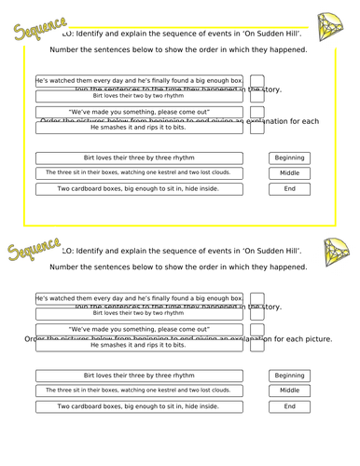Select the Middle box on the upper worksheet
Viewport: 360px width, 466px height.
[x=289, y=172]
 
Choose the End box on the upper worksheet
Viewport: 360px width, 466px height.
[x=289, y=188]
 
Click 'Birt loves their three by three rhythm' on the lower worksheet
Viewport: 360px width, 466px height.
[x=139, y=376]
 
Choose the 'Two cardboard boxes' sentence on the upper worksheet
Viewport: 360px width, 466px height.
[x=139, y=188]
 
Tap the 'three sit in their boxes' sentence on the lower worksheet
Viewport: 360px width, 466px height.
[x=139, y=391]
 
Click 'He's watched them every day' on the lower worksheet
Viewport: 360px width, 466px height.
[x=139, y=298]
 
